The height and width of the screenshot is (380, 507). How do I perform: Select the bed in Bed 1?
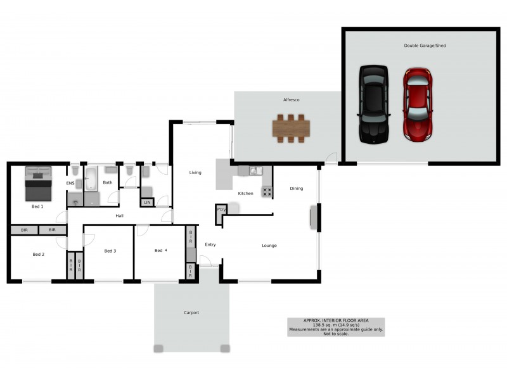point(39,182)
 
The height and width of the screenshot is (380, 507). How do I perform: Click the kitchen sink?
point(254,170)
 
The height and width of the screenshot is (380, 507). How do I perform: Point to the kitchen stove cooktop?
point(267,191)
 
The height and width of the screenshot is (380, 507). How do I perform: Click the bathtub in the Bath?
point(91,178)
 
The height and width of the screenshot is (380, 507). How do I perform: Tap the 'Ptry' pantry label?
point(221,209)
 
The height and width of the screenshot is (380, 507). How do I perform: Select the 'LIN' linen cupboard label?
point(147,203)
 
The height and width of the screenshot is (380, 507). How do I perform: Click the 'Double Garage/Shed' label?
point(425,46)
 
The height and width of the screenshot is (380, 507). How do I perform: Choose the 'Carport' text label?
point(191,312)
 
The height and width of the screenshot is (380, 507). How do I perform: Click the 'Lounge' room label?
point(269,246)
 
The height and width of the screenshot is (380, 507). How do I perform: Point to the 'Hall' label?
point(119,216)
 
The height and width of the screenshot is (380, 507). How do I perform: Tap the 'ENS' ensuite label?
point(70,183)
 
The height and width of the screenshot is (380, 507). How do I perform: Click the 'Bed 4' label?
point(161,251)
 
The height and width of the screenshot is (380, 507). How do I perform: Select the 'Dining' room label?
point(297,188)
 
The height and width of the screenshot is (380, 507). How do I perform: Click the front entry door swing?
point(205,260)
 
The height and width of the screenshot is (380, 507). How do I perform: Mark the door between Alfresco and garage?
point(331,159)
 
